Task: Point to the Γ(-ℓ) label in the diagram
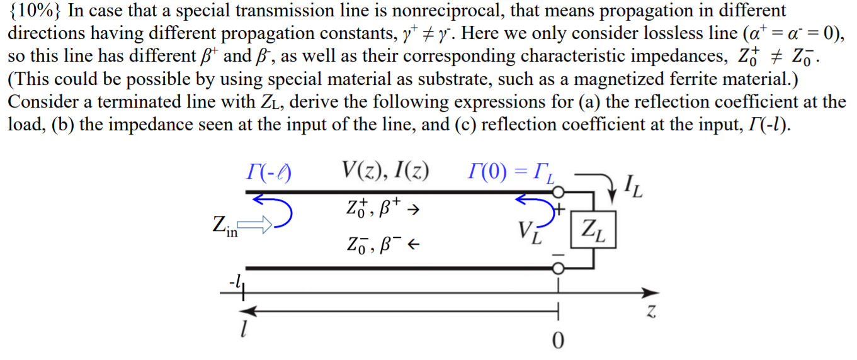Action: coord(270,172)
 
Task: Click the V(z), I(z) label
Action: coord(385,171)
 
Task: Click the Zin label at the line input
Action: coord(225,225)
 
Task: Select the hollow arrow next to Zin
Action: coord(256,223)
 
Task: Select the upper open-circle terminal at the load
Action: coord(557,191)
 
